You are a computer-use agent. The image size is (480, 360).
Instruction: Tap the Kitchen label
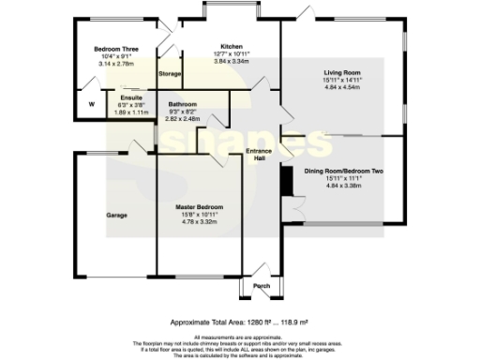[x=232, y=46]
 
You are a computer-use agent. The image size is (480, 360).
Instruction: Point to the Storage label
[x=170, y=73]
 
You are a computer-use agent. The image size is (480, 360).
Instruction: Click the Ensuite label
[x=130, y=97]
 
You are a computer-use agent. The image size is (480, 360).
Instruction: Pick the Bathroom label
[x=182, y=103]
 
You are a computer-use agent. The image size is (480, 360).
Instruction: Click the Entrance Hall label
[x=259, y=154]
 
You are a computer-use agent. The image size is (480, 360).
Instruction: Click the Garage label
[x=116, y=216]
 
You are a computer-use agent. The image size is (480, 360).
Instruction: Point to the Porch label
[x=261, y=287]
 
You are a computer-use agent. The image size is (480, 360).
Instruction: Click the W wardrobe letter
[x=91, y=105]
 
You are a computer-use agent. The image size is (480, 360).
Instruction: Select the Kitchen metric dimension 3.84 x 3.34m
[x=232, y=61]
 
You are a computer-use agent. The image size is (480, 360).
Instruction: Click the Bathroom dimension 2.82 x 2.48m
[x=182, y=118]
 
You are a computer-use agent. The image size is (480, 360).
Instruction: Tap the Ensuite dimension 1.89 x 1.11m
[x=130, y=111]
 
